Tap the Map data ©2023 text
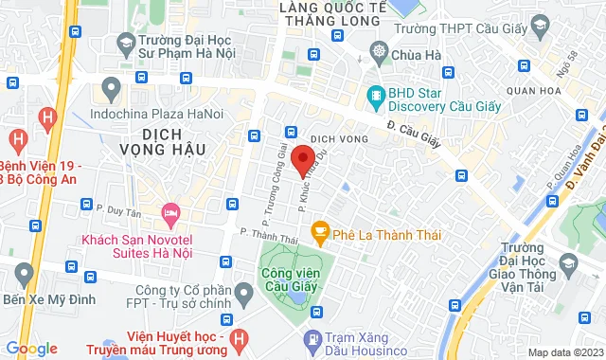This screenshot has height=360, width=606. [x=563, y=352]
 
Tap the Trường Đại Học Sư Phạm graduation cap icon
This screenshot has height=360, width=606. [x=125, y=43]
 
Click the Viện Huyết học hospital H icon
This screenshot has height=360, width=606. [x=240, y=337]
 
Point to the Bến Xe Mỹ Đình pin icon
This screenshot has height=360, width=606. [x=25, y=277]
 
